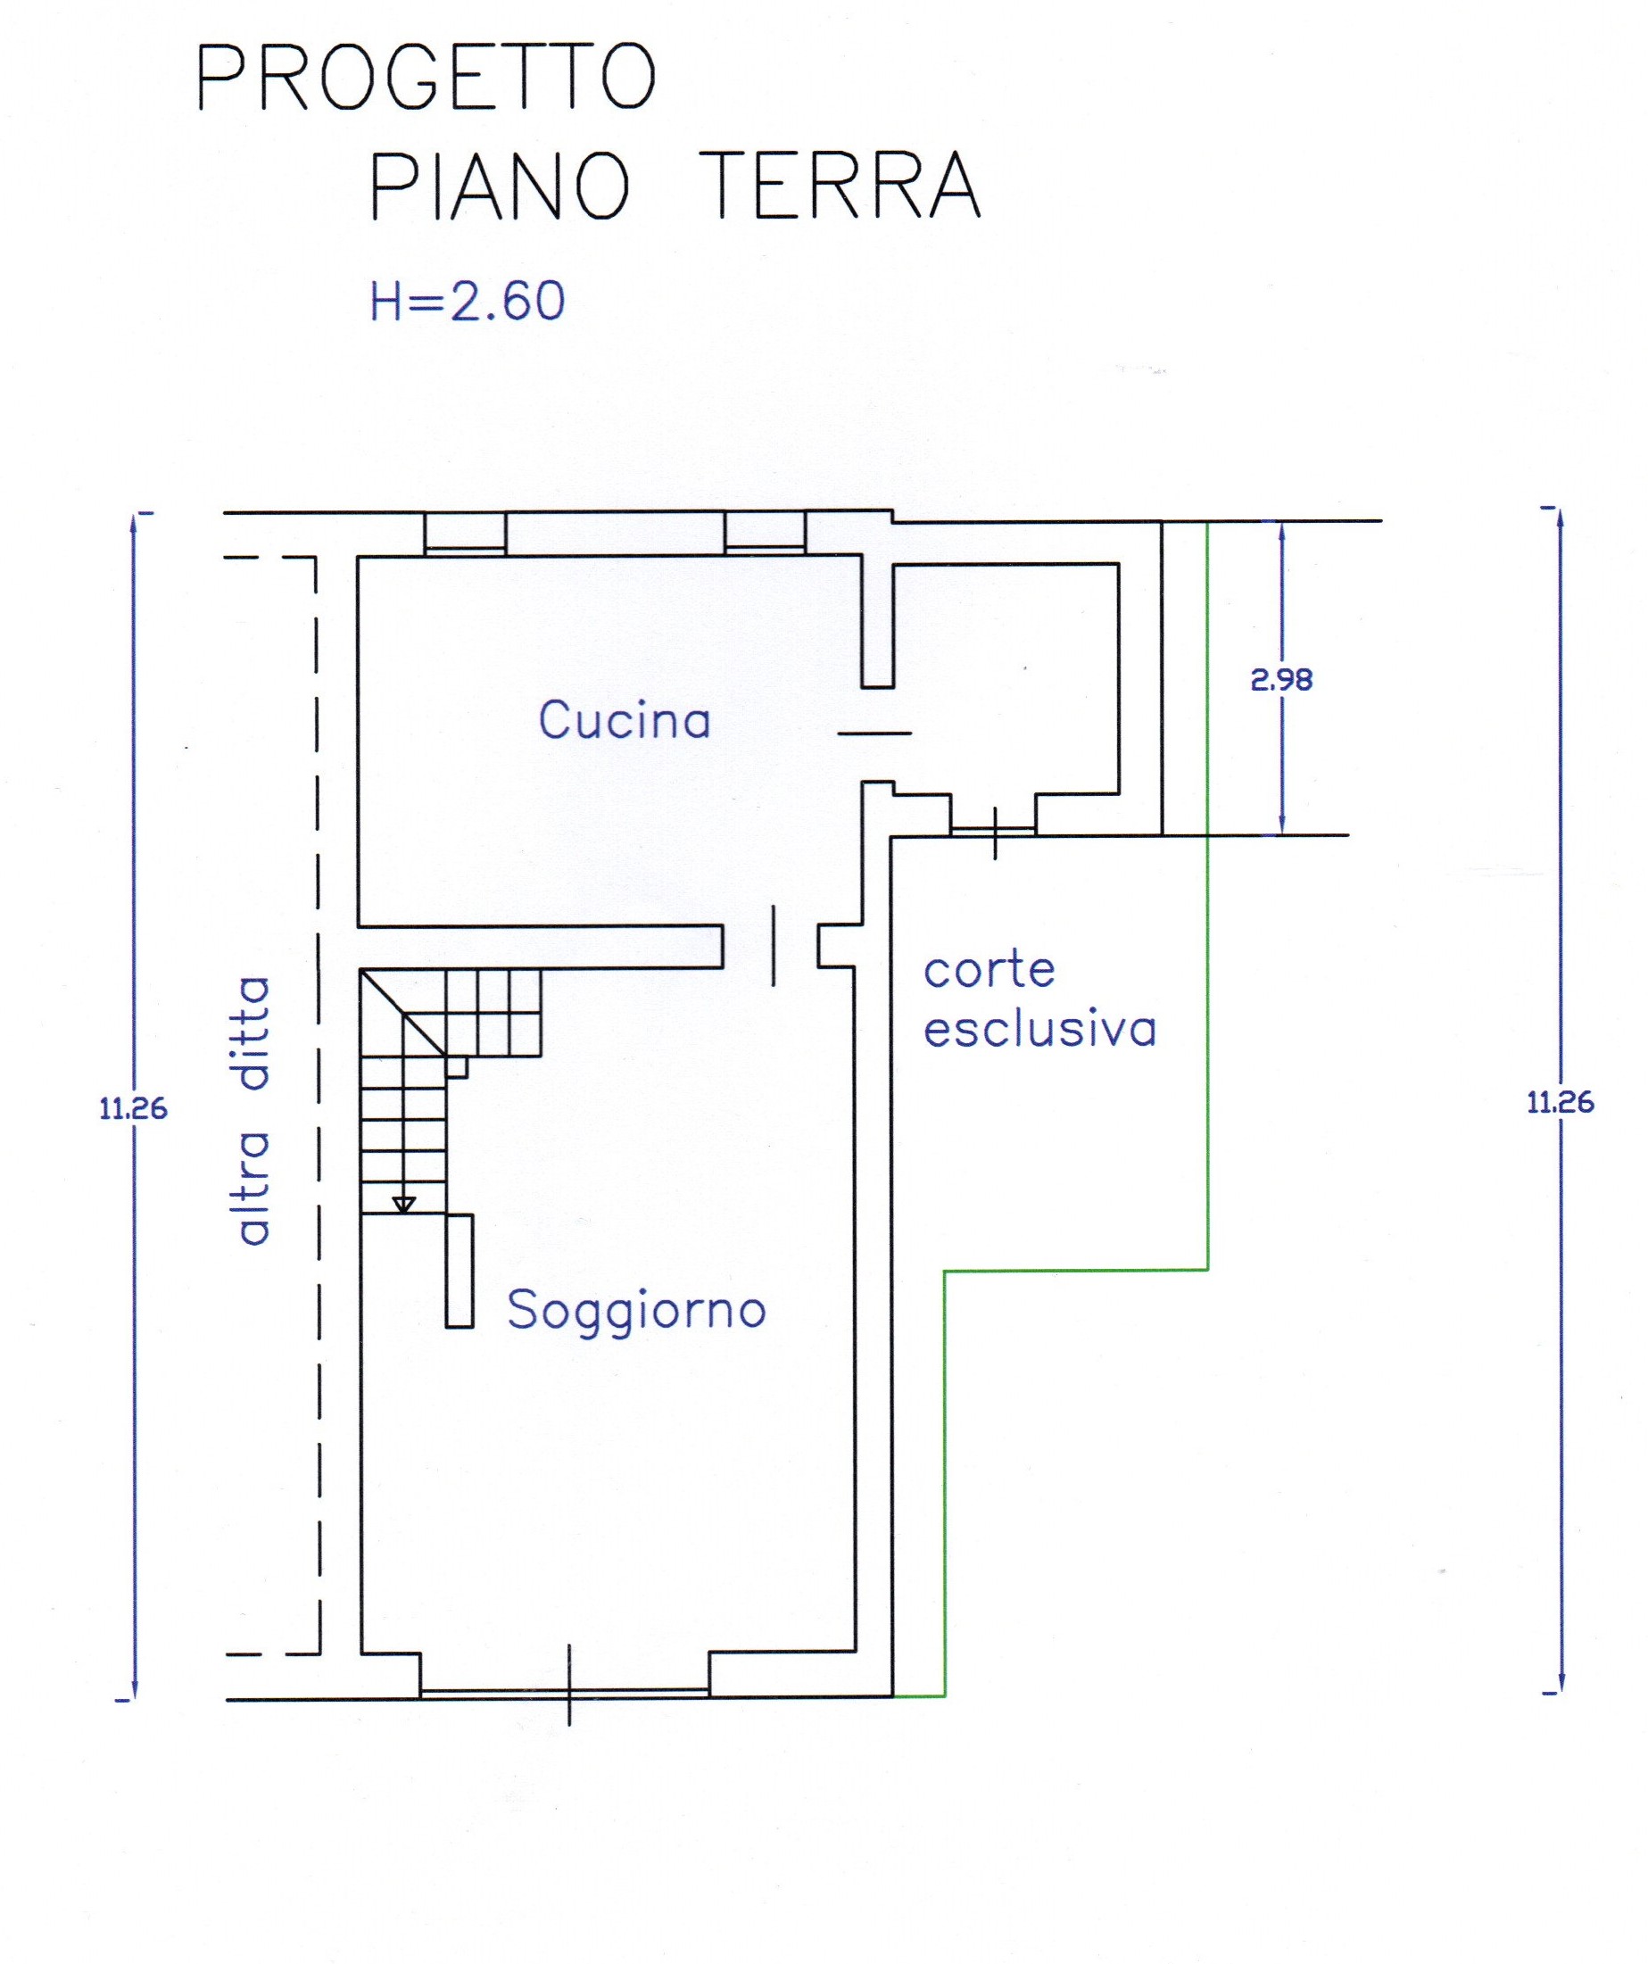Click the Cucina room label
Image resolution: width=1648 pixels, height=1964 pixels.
pos(625,721)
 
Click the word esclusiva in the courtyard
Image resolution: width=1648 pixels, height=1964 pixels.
pos(1040,1028)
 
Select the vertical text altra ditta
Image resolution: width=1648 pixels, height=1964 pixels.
pos(253,1111)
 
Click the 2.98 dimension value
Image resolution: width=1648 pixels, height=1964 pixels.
pos(1281,681)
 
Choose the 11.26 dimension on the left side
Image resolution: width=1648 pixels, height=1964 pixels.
pos(133,1109)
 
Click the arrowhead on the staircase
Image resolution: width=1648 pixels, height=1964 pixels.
pos(403,1205)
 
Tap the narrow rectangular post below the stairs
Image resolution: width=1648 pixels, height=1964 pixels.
pos(460,1270)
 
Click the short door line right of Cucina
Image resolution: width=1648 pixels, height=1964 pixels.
pos(874,733)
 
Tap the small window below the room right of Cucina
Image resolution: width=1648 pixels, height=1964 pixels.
pos(993,829)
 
